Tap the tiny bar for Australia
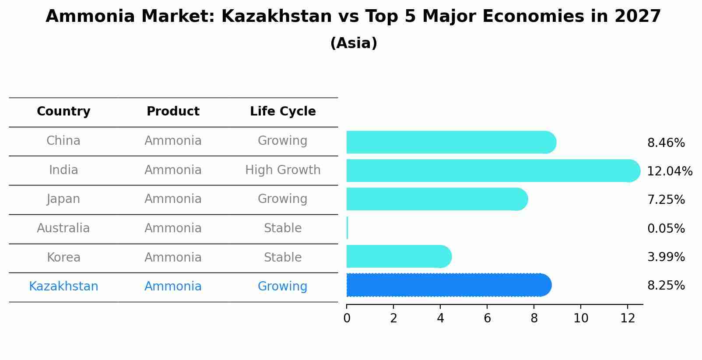point(347,228)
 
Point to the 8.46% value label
point(666,143)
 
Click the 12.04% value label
point(670,171)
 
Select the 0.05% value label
point(666,228)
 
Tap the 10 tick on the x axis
point(581,318)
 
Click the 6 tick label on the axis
point(487,318)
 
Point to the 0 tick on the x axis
point(347,318)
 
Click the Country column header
point(63,112)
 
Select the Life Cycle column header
point(283,112)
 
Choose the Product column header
point(173,112)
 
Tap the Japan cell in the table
point(63,199)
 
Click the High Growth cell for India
point(283,170)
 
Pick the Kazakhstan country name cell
point(63,287)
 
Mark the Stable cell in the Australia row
point(283,228)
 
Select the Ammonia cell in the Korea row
point(173,257)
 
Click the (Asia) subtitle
point(354,43)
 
